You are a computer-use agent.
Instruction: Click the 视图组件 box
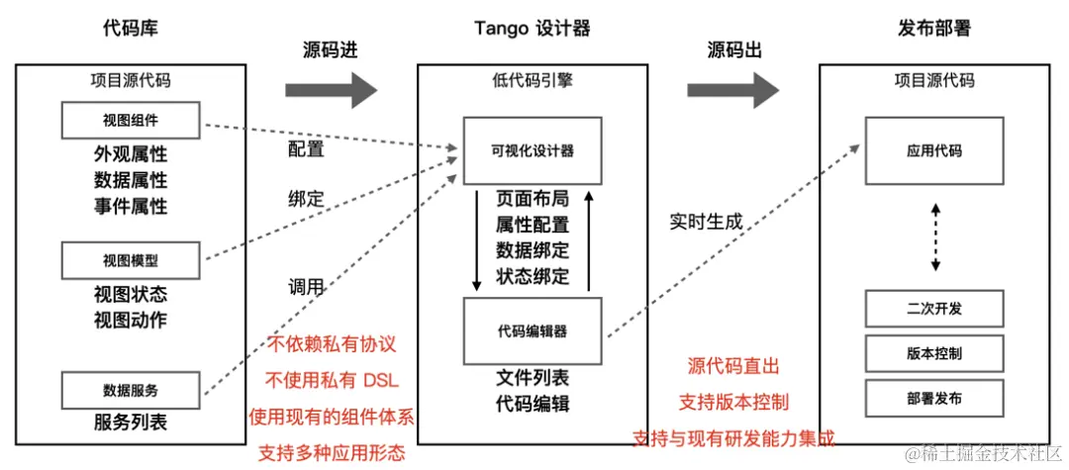[x=131, y=121]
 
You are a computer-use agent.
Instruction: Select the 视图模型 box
[x=131, y=260]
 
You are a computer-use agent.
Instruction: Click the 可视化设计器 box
[x=533, y=150]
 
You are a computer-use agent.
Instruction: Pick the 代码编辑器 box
[x=533, y=329]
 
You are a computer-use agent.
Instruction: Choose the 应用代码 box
[x=934, y=150]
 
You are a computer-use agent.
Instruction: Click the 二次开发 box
[x=934, y=309]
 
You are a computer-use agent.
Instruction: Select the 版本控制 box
[x=934, y=353]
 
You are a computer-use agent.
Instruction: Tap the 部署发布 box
[x=934, y=398]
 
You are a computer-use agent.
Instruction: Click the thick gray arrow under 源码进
[x=332, y=90]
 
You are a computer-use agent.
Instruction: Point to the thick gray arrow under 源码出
[x=733, y=90]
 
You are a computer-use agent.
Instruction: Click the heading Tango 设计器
[x=533, y=29]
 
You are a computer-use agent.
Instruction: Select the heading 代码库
[x=131, y=29]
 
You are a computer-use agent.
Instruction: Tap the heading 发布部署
[x=933, y=29]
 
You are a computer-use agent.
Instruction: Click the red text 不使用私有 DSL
[x=332, y=381]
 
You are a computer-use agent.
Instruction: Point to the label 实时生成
[x=706, y=222]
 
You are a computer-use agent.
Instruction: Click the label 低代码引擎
[x=533, y=81]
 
